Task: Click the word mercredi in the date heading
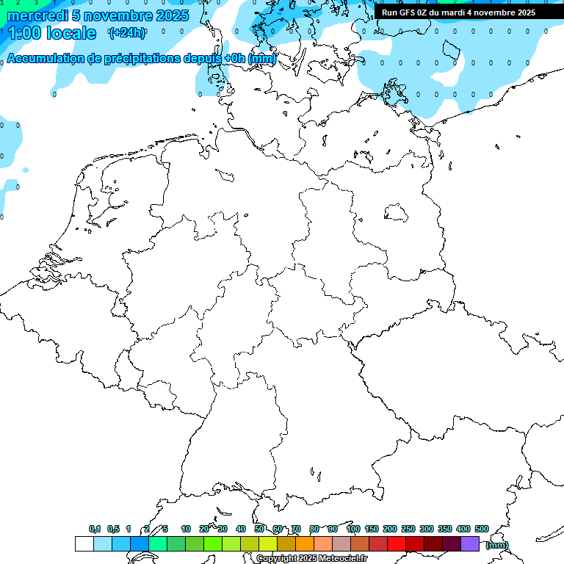pyautogui.click(x=37, y=15)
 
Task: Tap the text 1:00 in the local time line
pyautogui.click(x=24, y=34)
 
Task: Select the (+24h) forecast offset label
pyautogui.click(x=127, y=32)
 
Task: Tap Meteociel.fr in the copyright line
pyautogui.click(x=342, y=559)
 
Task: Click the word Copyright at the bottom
pyautogui.click(x=277, y=559)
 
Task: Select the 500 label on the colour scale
pyautogui.click(x=482, y=529)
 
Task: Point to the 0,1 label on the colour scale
pyautogui.click(x=95, y=529)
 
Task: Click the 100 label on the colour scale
pyautogui.click(x=353, y=529)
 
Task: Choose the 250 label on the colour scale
pyautogui.click(x=408, y=529)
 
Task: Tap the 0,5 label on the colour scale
pyautogui.click(x=113, y=529)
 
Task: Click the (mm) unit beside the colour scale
pyautogui.click(x=497, y=545)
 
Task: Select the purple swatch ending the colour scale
pyautogui.click(x=470, y=543)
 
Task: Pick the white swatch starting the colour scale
pyautogui.click(x=84, y=543)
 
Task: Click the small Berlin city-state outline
pyautogui.click(x=396, y=213)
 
